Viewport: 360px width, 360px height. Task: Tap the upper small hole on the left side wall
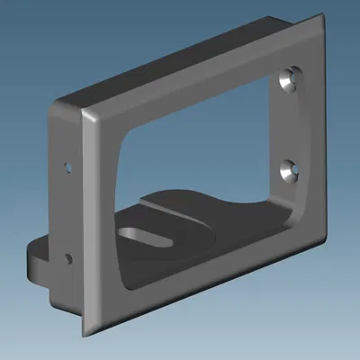(x=67, y=166)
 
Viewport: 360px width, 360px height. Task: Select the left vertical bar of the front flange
(x=101, y=225)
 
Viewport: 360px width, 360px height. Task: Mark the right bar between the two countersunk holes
(x=292, y=126)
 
